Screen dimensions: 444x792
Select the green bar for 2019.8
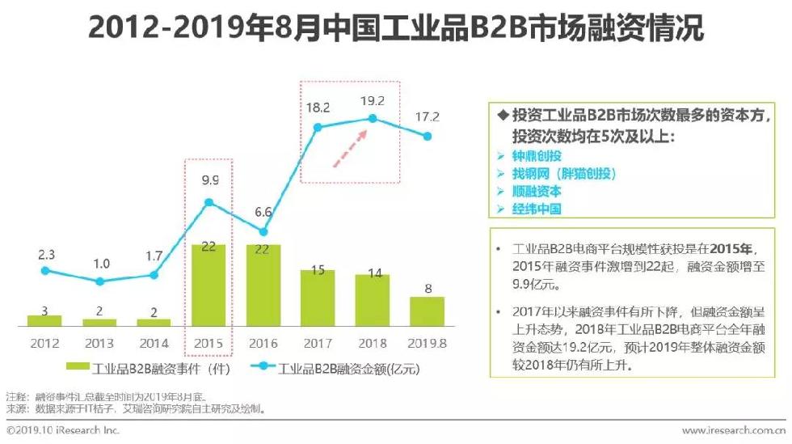tap(427, 311)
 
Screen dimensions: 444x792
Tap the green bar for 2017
tap(318, 297)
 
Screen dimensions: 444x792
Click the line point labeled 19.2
tap(373, 118)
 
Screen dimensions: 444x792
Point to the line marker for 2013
tap(99, 281)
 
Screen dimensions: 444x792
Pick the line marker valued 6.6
tap(263, 231)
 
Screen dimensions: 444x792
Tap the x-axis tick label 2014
tap(154, 342)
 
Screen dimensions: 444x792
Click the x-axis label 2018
tap(372, 342)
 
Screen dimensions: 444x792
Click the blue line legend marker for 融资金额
tap(263, 369)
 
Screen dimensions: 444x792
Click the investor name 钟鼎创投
tap(537, 155)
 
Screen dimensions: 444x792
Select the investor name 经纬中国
tap(537, 209)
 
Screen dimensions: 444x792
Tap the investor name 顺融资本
tap(537, 191)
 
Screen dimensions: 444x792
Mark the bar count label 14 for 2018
tap(372, 273)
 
